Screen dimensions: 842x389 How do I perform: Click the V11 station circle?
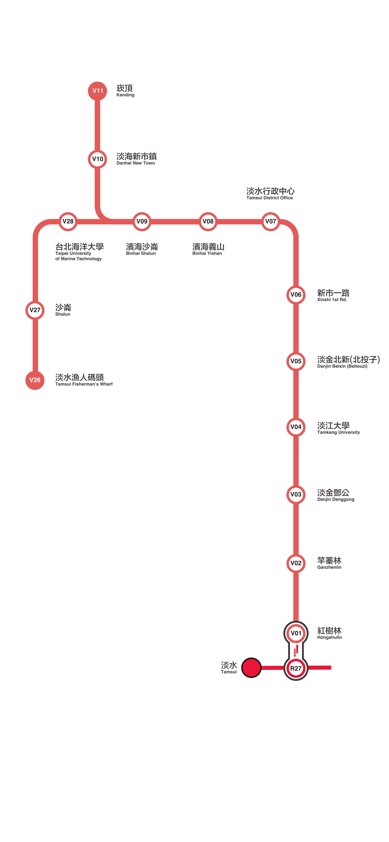[x=98, y=91]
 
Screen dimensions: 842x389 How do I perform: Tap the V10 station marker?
[x=98, y=159]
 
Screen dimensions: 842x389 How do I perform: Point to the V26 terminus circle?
[x=35, y=380]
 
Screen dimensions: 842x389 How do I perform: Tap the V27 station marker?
[x=35, y=310]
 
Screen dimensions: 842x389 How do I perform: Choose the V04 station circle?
[x=296, y=427]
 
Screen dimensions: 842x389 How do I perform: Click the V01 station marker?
[x=296, y=633]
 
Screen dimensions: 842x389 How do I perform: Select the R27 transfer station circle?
[x=296, y=668]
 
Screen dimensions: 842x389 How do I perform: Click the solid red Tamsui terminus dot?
[x=251, y=668]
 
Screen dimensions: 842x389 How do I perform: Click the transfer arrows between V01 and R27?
[x=296, y=651]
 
